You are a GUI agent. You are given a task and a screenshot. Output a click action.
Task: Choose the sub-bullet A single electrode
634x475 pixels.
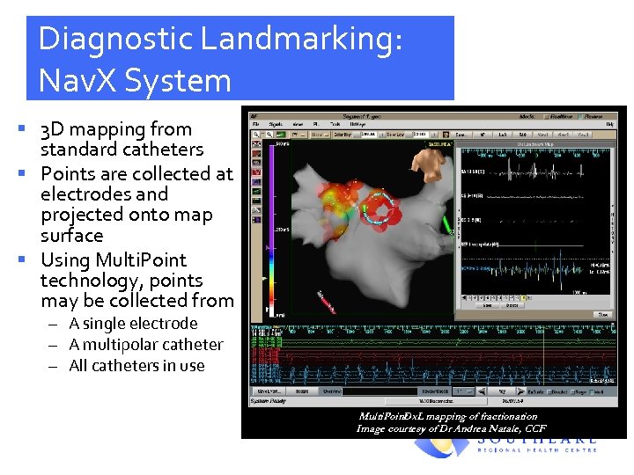pyautogui.click(x=133, y=324)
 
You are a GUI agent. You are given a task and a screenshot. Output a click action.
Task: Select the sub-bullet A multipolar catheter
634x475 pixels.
pyautogui.click(x=145, y=345)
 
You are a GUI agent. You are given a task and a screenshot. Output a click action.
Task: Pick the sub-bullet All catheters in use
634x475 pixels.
pyautogui.click(x=136, y=366)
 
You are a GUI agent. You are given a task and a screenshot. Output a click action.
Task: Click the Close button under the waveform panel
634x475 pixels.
pyautogui.click(x=602, y=314)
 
